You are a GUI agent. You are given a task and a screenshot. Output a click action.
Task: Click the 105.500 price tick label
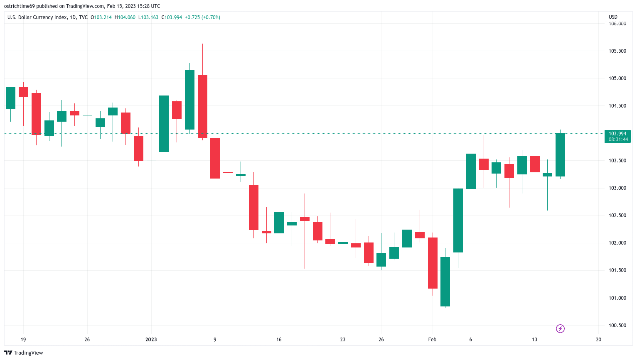click(x=617, y=51)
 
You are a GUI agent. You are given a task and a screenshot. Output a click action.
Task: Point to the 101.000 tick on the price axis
click(x=617, y=298)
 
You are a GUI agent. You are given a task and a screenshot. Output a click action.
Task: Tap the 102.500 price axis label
click(x=617, y=216)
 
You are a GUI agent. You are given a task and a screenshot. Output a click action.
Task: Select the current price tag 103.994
click(x=617, y=134)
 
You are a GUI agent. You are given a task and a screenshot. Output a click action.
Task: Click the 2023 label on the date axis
click(x=151, y=340)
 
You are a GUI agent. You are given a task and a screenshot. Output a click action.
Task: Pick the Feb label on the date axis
click(x=432, y=340)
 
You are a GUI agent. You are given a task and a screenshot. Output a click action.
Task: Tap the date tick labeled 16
click(x=279, y=340)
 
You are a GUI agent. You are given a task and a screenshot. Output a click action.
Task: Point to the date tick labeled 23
click(x=342, y=340)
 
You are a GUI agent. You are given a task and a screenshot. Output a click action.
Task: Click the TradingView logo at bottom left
click(x=24, y=353)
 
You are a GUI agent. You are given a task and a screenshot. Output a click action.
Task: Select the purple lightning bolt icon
click(x=560, y=329)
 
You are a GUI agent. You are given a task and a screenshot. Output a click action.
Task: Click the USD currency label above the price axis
click(x=613, y=17)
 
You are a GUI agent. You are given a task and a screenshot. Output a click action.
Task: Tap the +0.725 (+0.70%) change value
click(x=202, y=17)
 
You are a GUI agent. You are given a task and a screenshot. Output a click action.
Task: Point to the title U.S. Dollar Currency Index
click(x=37, y=17)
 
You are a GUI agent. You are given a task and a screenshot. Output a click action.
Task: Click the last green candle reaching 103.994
click(x=560, y=154)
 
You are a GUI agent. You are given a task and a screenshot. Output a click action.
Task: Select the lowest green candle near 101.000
click(x=445, y=282)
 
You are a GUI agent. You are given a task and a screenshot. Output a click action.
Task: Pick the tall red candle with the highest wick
click(x=202, y=106)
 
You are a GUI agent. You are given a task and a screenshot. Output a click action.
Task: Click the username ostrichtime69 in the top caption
click(x=20, y=6)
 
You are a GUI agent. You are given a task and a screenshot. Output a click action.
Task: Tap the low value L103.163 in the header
click(x=148, y=17)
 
